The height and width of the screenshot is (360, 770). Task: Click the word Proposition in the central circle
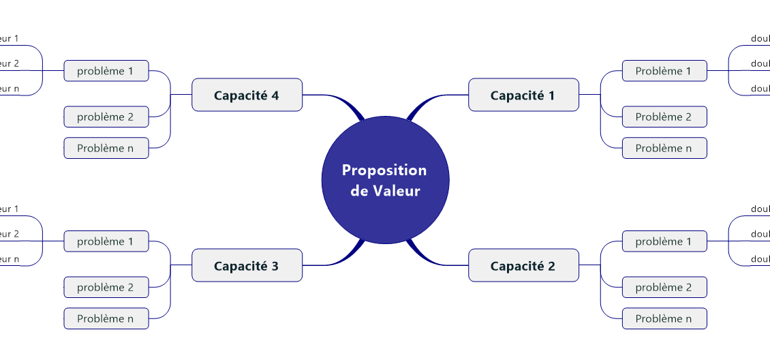click(x=384, y=170)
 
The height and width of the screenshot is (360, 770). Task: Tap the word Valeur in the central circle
click(x=396, y=191)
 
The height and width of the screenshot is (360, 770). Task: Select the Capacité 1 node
click(x=523, y=95)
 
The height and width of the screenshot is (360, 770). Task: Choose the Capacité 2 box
click(x=523, y=265)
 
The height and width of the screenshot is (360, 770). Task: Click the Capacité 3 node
click(x=247, y=265)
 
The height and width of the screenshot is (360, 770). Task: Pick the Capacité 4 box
click(x=247, y=95)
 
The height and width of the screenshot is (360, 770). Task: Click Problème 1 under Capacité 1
click(x=664, y=71)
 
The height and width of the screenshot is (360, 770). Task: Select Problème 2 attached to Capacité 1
click(x=664, y=117)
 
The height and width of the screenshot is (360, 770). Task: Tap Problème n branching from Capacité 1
click(x=664, y=148)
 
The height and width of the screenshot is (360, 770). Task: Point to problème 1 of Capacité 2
click(x=664, y=241)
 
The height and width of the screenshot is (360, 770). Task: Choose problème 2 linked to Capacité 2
click(x=664, y=287)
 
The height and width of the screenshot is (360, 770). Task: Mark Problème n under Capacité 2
click(x=664, y=318)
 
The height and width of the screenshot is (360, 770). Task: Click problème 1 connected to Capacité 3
click(x=106, y=241)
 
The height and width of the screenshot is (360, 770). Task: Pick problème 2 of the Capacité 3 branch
click(x=106, y=287)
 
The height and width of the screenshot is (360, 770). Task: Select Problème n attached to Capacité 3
click(x=106, y=318)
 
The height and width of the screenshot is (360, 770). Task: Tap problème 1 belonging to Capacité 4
click(x=106, y=71)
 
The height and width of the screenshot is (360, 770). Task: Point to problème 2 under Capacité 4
click(x=106, y=117)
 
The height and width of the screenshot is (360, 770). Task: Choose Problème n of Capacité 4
click(x=106, y=148)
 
